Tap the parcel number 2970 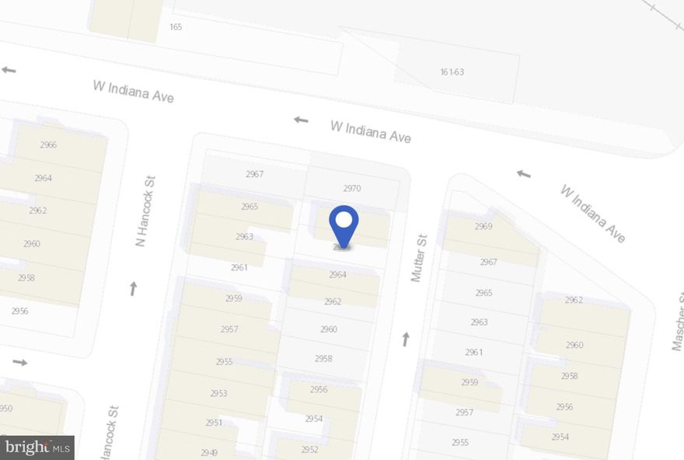point(352,188)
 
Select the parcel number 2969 point(483,226)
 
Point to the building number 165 point(176,26)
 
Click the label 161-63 point(452,71)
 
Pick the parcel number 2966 point(47,145)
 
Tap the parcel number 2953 point(218,393)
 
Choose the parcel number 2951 point(214,422)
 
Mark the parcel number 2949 point(209,452)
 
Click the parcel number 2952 point(309,449)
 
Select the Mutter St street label point(420,258)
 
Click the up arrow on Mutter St point(405,339)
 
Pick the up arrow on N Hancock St point(133,289)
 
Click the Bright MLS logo point(37,447)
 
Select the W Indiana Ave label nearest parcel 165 point(133,91)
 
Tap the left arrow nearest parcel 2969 point(524,173)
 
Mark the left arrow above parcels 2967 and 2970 point(301,120)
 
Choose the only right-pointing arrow point(19,362)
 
